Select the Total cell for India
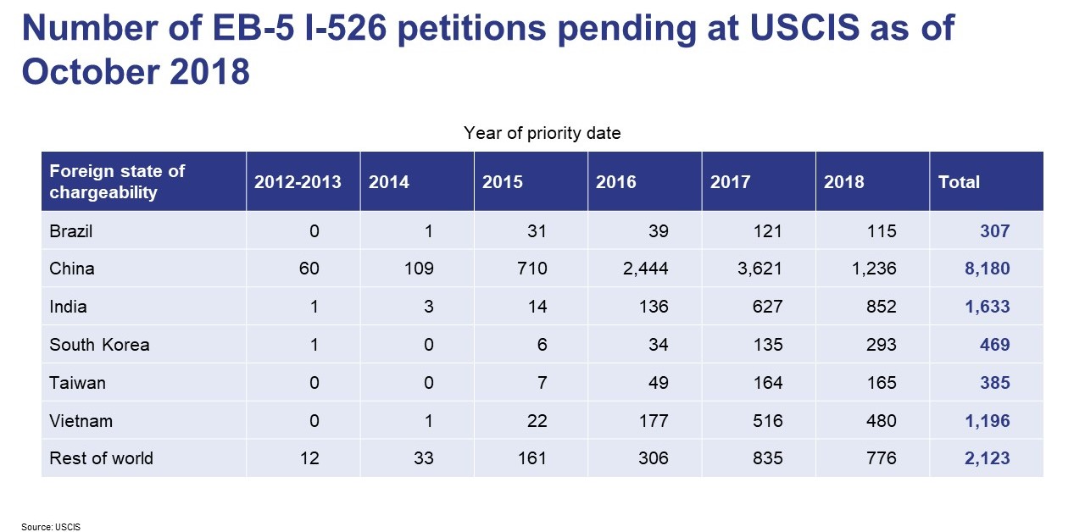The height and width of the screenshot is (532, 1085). (987, 307)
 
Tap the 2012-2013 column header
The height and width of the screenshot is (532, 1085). (298, 182)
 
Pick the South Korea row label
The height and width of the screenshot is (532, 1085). (99, 345)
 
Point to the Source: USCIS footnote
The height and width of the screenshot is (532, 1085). (51, 526)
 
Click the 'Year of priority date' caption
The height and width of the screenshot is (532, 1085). (542, 133)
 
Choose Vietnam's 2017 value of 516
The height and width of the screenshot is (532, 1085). (767, 421)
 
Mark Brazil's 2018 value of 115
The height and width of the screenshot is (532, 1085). (882, 230)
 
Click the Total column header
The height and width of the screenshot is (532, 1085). (959, 182)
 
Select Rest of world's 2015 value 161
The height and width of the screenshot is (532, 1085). (532, 458)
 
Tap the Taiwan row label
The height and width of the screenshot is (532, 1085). (77, 383)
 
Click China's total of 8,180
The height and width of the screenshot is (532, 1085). (987, 269)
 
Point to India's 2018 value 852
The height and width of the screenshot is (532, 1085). (882, 307)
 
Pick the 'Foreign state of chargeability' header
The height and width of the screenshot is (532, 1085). (117, 181)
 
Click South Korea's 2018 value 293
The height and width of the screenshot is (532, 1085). (882, 345)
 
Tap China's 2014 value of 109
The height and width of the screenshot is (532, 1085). (419, 269)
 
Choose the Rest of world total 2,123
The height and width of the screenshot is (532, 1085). (987, 458)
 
